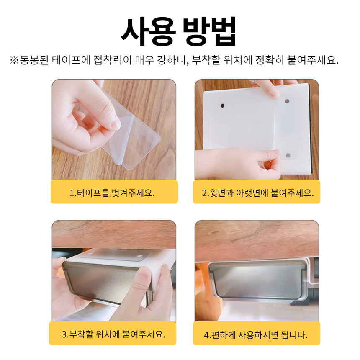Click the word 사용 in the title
coord(149,31)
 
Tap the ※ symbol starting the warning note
coord(14,60)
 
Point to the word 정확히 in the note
coord(270,60)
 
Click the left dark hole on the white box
coord(222,105)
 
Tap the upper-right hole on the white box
coord(287,101)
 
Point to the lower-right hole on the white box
coord(288,156)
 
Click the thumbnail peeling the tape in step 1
coord(114,130)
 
